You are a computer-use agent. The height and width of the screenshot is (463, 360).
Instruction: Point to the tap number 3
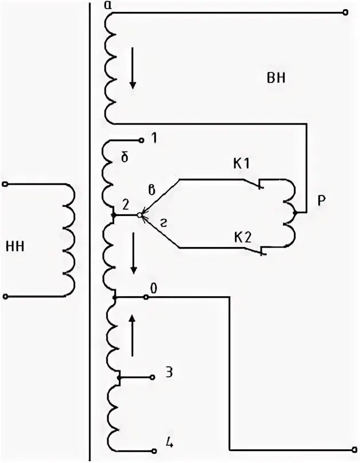coord(169,373)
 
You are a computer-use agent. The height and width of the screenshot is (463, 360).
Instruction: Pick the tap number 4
coord(170,442)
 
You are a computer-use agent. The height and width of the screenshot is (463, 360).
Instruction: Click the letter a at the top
coord(108,5)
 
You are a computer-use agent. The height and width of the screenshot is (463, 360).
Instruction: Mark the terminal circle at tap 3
coord(152,378)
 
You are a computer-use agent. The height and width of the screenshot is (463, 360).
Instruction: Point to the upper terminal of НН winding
coord(6,185)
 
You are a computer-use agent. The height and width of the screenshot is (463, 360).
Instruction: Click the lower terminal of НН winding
coord(6,297)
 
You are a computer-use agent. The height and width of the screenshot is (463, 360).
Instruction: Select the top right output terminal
coord(345,11)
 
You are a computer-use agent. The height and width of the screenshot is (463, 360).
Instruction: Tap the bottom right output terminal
coord(345,449)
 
